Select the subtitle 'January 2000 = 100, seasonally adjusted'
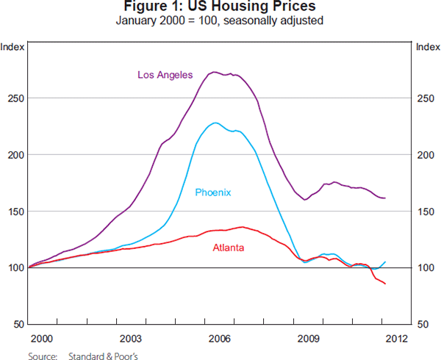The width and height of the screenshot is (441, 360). [220, 20]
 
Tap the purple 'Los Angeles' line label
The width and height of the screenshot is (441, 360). [165, 74]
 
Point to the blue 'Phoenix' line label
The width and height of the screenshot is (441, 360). [213, 192]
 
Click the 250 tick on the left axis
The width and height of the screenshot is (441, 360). [14, 98]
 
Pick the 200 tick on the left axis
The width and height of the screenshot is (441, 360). [14, 155]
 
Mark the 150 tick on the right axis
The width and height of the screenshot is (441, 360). [426, 212]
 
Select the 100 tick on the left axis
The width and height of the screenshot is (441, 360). [14, 268]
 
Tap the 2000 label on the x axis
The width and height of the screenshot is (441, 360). [42, 339]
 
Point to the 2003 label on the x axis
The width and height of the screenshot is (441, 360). [131, 339]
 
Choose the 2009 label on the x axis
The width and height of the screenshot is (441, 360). [309, 339]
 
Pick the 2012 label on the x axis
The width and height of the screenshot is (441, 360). [397, 339]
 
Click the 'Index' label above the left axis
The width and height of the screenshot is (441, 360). [14, 47]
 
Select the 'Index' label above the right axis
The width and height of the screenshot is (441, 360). [427, 47]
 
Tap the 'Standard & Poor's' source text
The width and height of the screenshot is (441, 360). [102, 354]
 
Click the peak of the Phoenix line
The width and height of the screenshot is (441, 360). [215, 123]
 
